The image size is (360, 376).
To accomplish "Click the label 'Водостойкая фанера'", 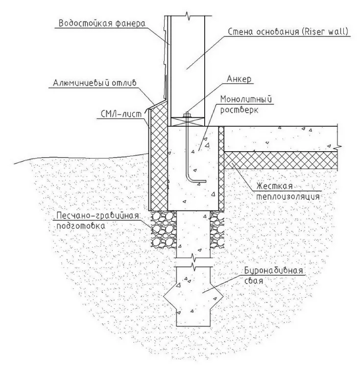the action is point(102,23).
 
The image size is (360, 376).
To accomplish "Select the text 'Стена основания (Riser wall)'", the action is point(288,32).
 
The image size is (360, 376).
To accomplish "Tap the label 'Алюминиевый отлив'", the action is point(95,83).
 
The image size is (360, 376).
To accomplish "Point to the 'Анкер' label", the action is point(239,79).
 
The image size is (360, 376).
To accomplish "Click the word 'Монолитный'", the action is point(246,99).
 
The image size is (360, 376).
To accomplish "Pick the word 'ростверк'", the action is point(239,110).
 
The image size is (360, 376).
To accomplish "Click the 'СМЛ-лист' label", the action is point(121,114).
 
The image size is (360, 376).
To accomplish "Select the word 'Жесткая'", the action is point(275,186).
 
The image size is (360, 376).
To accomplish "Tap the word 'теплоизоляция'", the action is point(288,197).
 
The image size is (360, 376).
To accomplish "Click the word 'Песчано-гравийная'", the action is point(97,215).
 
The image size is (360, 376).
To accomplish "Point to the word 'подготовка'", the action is point(81,226).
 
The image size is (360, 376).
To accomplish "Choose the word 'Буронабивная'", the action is point(273,270).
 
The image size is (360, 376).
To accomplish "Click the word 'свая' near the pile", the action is point(254,281).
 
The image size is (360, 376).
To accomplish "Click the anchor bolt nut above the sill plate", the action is point(187,115).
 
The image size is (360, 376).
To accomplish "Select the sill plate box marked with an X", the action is point(188,121).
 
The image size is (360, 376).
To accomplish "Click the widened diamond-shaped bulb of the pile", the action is point(193,297).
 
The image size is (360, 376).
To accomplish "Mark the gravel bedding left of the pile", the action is point(163,229).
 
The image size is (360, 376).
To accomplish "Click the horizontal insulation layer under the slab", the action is point(281,160).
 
